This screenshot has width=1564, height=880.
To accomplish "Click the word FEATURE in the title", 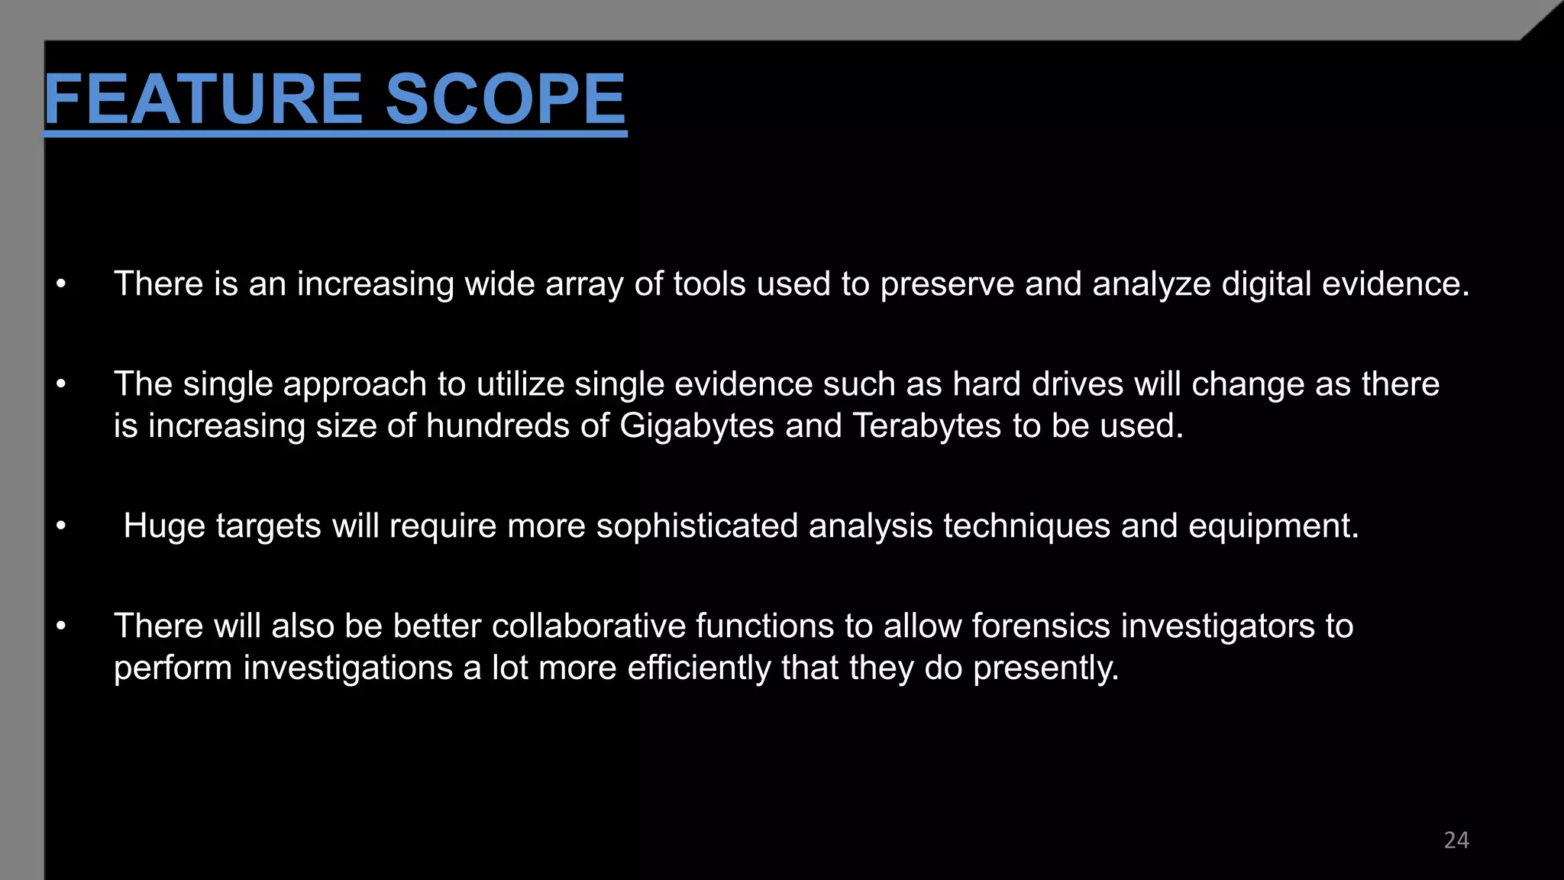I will pyautogui.click(x=203, y=99).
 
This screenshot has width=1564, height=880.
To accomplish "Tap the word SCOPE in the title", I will pyautogui.click(x=505, y=99).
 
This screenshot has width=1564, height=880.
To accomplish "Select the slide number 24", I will pyautogui.click(x=1456, y=840).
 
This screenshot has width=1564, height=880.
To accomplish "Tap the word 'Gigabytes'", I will pyautogui.click(x=696, y=425).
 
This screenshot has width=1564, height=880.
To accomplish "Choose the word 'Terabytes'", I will pyautogui.click(x=926, y=425).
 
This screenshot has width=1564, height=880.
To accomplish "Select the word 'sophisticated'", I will pyautogui.click(x=696, y=526).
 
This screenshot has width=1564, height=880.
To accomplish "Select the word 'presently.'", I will pyautogui.click(x=1045, y=668).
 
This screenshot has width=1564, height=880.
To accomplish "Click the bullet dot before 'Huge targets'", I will pyautogui.click(x=61, y=526).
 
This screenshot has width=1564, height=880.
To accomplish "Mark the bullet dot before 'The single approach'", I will pyautogui.click(x=61, y=384).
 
